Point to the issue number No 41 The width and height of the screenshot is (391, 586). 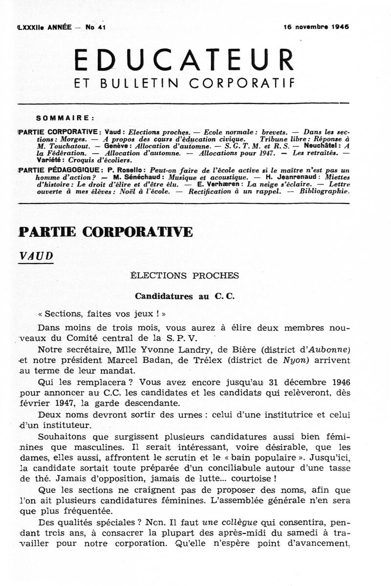pyautogui.click(x=96, y=27)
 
